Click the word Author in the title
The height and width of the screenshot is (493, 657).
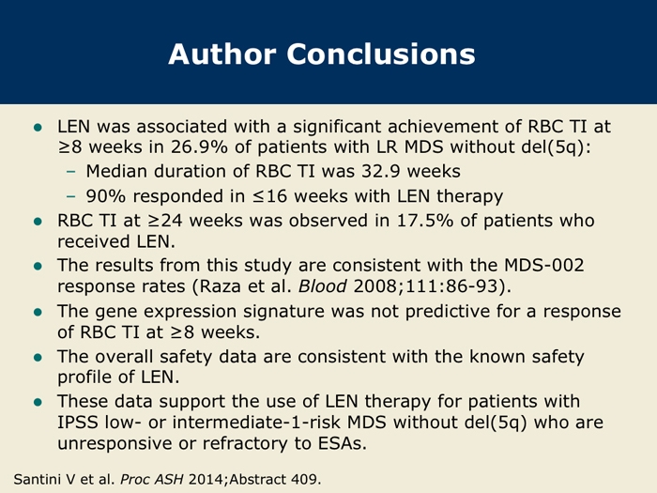click(222, 54)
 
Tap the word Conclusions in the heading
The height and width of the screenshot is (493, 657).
click(381, 54)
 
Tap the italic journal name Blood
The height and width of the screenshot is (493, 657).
click(322, 286)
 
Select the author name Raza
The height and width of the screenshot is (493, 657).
click(219, 286)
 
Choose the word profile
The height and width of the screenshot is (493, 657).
click(84, 377)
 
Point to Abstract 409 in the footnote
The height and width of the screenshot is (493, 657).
click(275, 479)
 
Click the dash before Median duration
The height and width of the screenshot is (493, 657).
click(71, 172)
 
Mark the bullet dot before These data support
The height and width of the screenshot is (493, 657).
click(38, 403)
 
